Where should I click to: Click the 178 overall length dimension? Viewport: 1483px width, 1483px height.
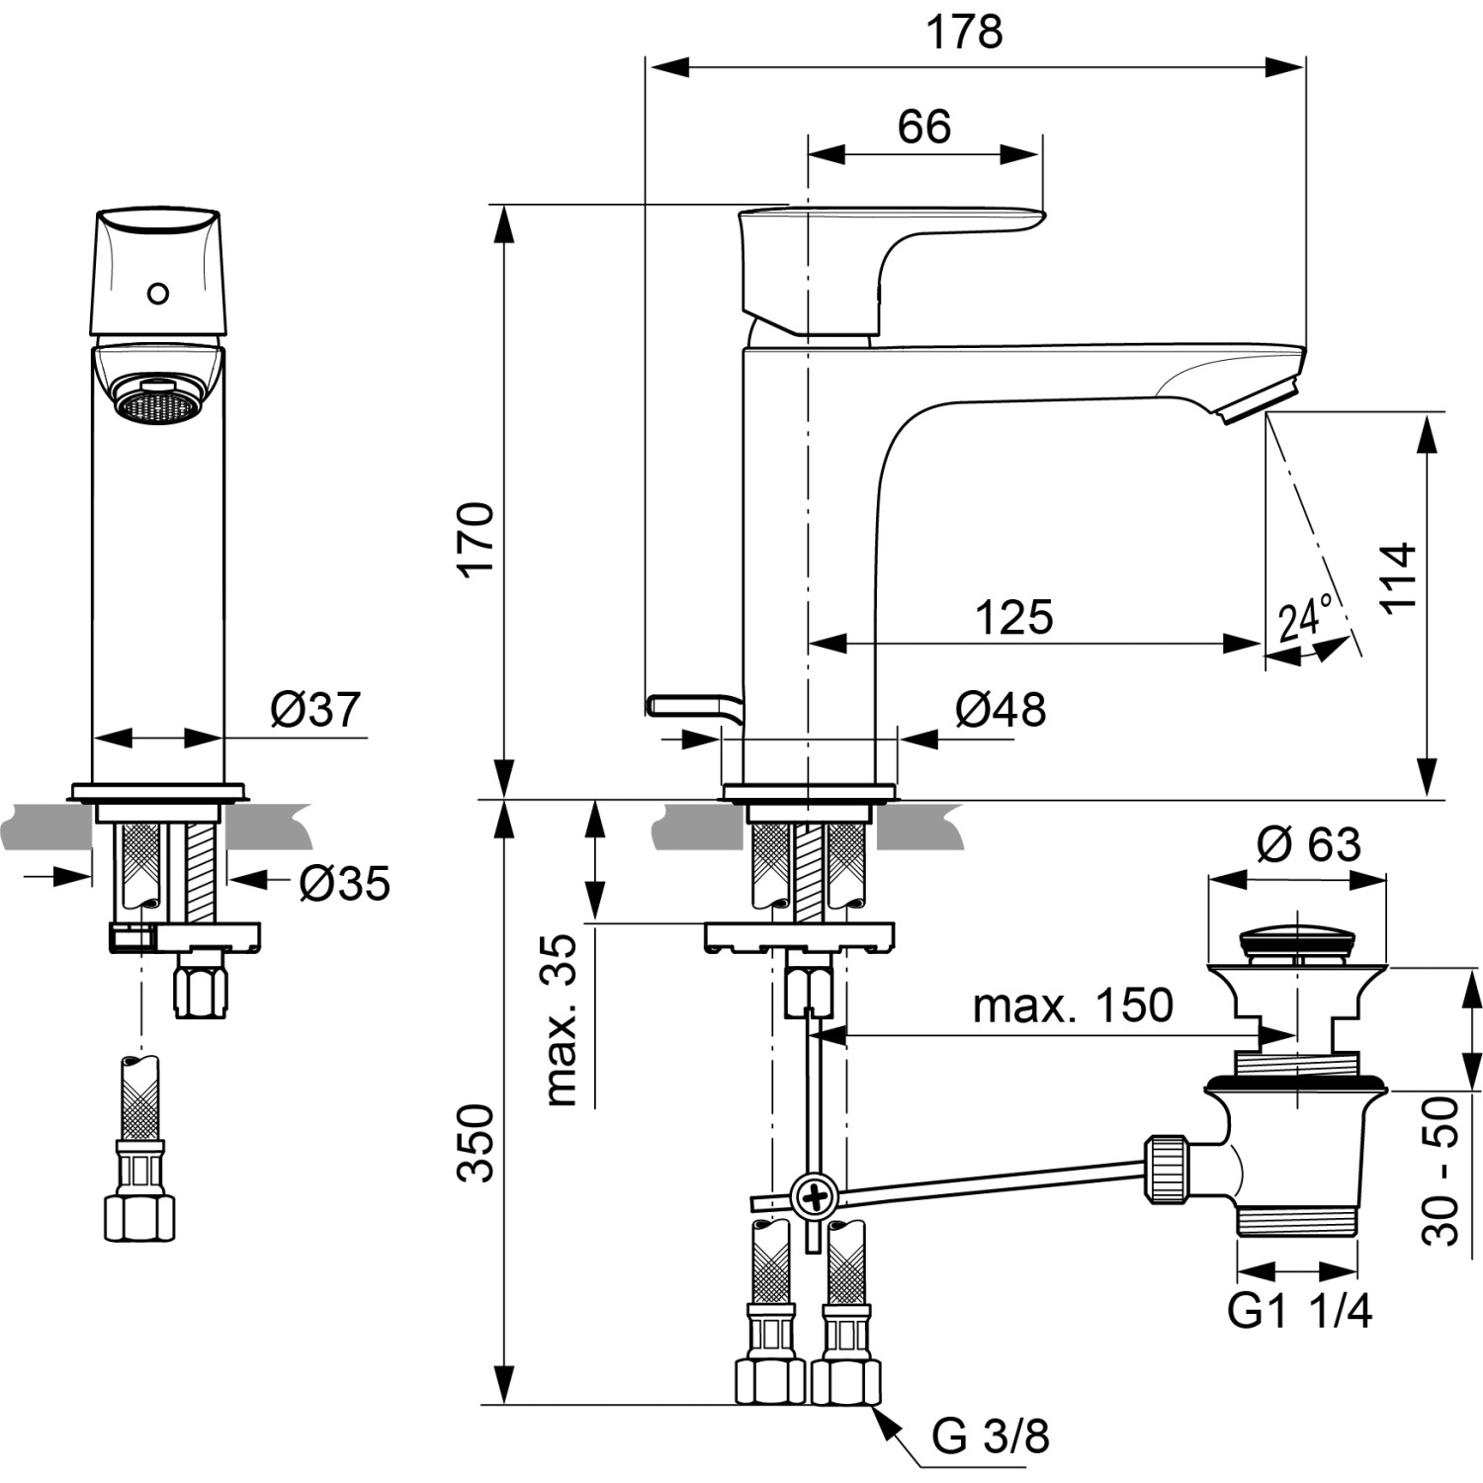[x=963, y=32]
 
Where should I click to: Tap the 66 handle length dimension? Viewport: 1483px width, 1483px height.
[x=923, y=127]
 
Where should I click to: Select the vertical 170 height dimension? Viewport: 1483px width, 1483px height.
[x=478, y=539]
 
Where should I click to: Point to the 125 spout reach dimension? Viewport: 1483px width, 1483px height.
[x=1013, y=617]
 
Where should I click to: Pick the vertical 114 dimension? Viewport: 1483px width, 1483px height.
[x=1399, y=578]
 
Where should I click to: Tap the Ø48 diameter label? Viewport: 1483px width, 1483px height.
[x=1000, y=709]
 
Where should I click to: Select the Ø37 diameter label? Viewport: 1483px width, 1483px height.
[x=315, y=709]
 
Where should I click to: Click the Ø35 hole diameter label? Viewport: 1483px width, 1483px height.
[x=344, y=883]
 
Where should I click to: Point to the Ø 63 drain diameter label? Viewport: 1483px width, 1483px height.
[x=1308, y=844]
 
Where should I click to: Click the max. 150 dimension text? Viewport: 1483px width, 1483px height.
[x=1073, y=1005]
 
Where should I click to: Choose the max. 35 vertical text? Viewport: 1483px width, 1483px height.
[x=561, y=1018]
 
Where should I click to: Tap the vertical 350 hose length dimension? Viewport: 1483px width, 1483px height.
[x=478, y=1142]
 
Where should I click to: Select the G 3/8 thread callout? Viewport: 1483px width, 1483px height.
[x=990, y=1436]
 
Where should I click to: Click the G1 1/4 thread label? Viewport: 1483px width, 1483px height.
[x=1299, y=1311]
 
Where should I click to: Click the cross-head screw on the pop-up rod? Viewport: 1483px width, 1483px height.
[x=816, y=1199]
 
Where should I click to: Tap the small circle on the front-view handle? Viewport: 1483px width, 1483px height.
[x=157, y=294]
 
